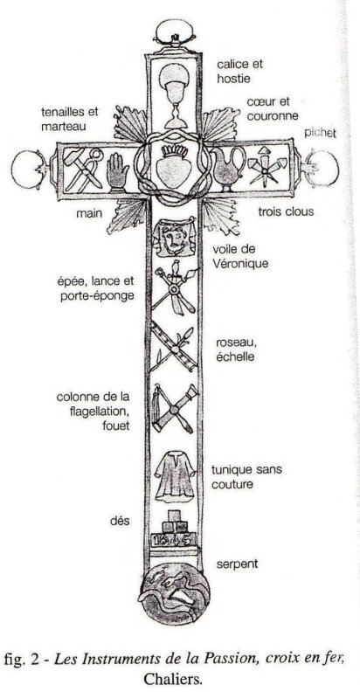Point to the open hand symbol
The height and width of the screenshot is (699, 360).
click(x=117, y=171)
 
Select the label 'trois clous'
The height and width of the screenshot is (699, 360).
click(x=286, y=211)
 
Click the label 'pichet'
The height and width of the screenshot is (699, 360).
click(x=321, y=133)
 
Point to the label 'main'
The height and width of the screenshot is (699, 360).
click(x=88, y=213)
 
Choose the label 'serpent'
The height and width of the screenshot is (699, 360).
click(x=237, y=564)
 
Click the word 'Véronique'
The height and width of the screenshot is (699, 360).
click(x=240, y=264)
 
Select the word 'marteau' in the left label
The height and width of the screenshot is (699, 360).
click(x=63, y=127)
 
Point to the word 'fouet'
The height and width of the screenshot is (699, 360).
click(x=116, y=426)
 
